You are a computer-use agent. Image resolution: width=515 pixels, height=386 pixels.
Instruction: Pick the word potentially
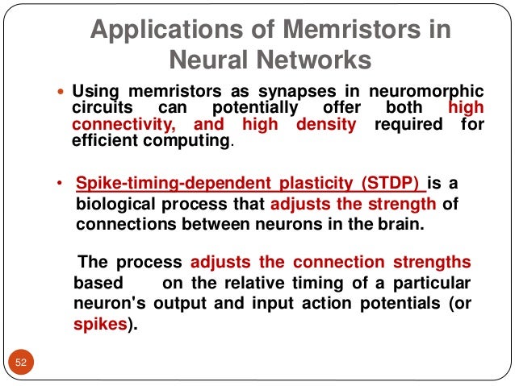(253, 108)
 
